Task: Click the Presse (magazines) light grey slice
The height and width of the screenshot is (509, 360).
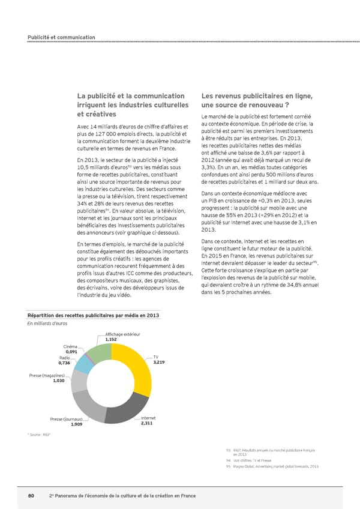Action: click(78, 382)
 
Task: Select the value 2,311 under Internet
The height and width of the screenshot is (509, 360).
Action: click(148, 424)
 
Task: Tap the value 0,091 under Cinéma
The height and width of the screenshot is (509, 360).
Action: click(71, 351)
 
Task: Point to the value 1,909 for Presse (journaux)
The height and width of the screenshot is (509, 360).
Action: click(76, 424)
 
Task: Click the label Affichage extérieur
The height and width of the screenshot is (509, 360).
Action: click(122, 334)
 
